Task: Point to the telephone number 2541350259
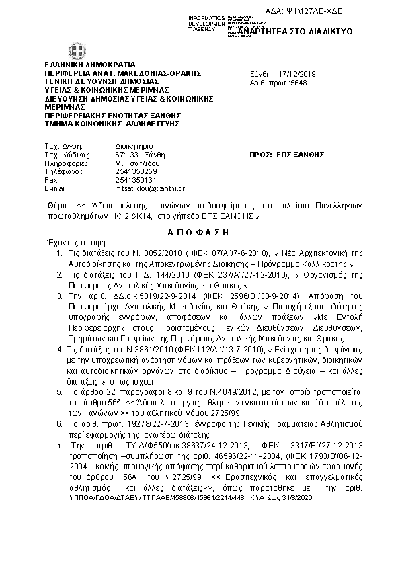click(x=136, y=171)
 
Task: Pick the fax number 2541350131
click(x=136, y=180)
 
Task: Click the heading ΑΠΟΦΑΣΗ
click(x=199, y=231)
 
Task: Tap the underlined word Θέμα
click(x=58, y=204)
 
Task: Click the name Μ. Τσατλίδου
click(x=136, y=163)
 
